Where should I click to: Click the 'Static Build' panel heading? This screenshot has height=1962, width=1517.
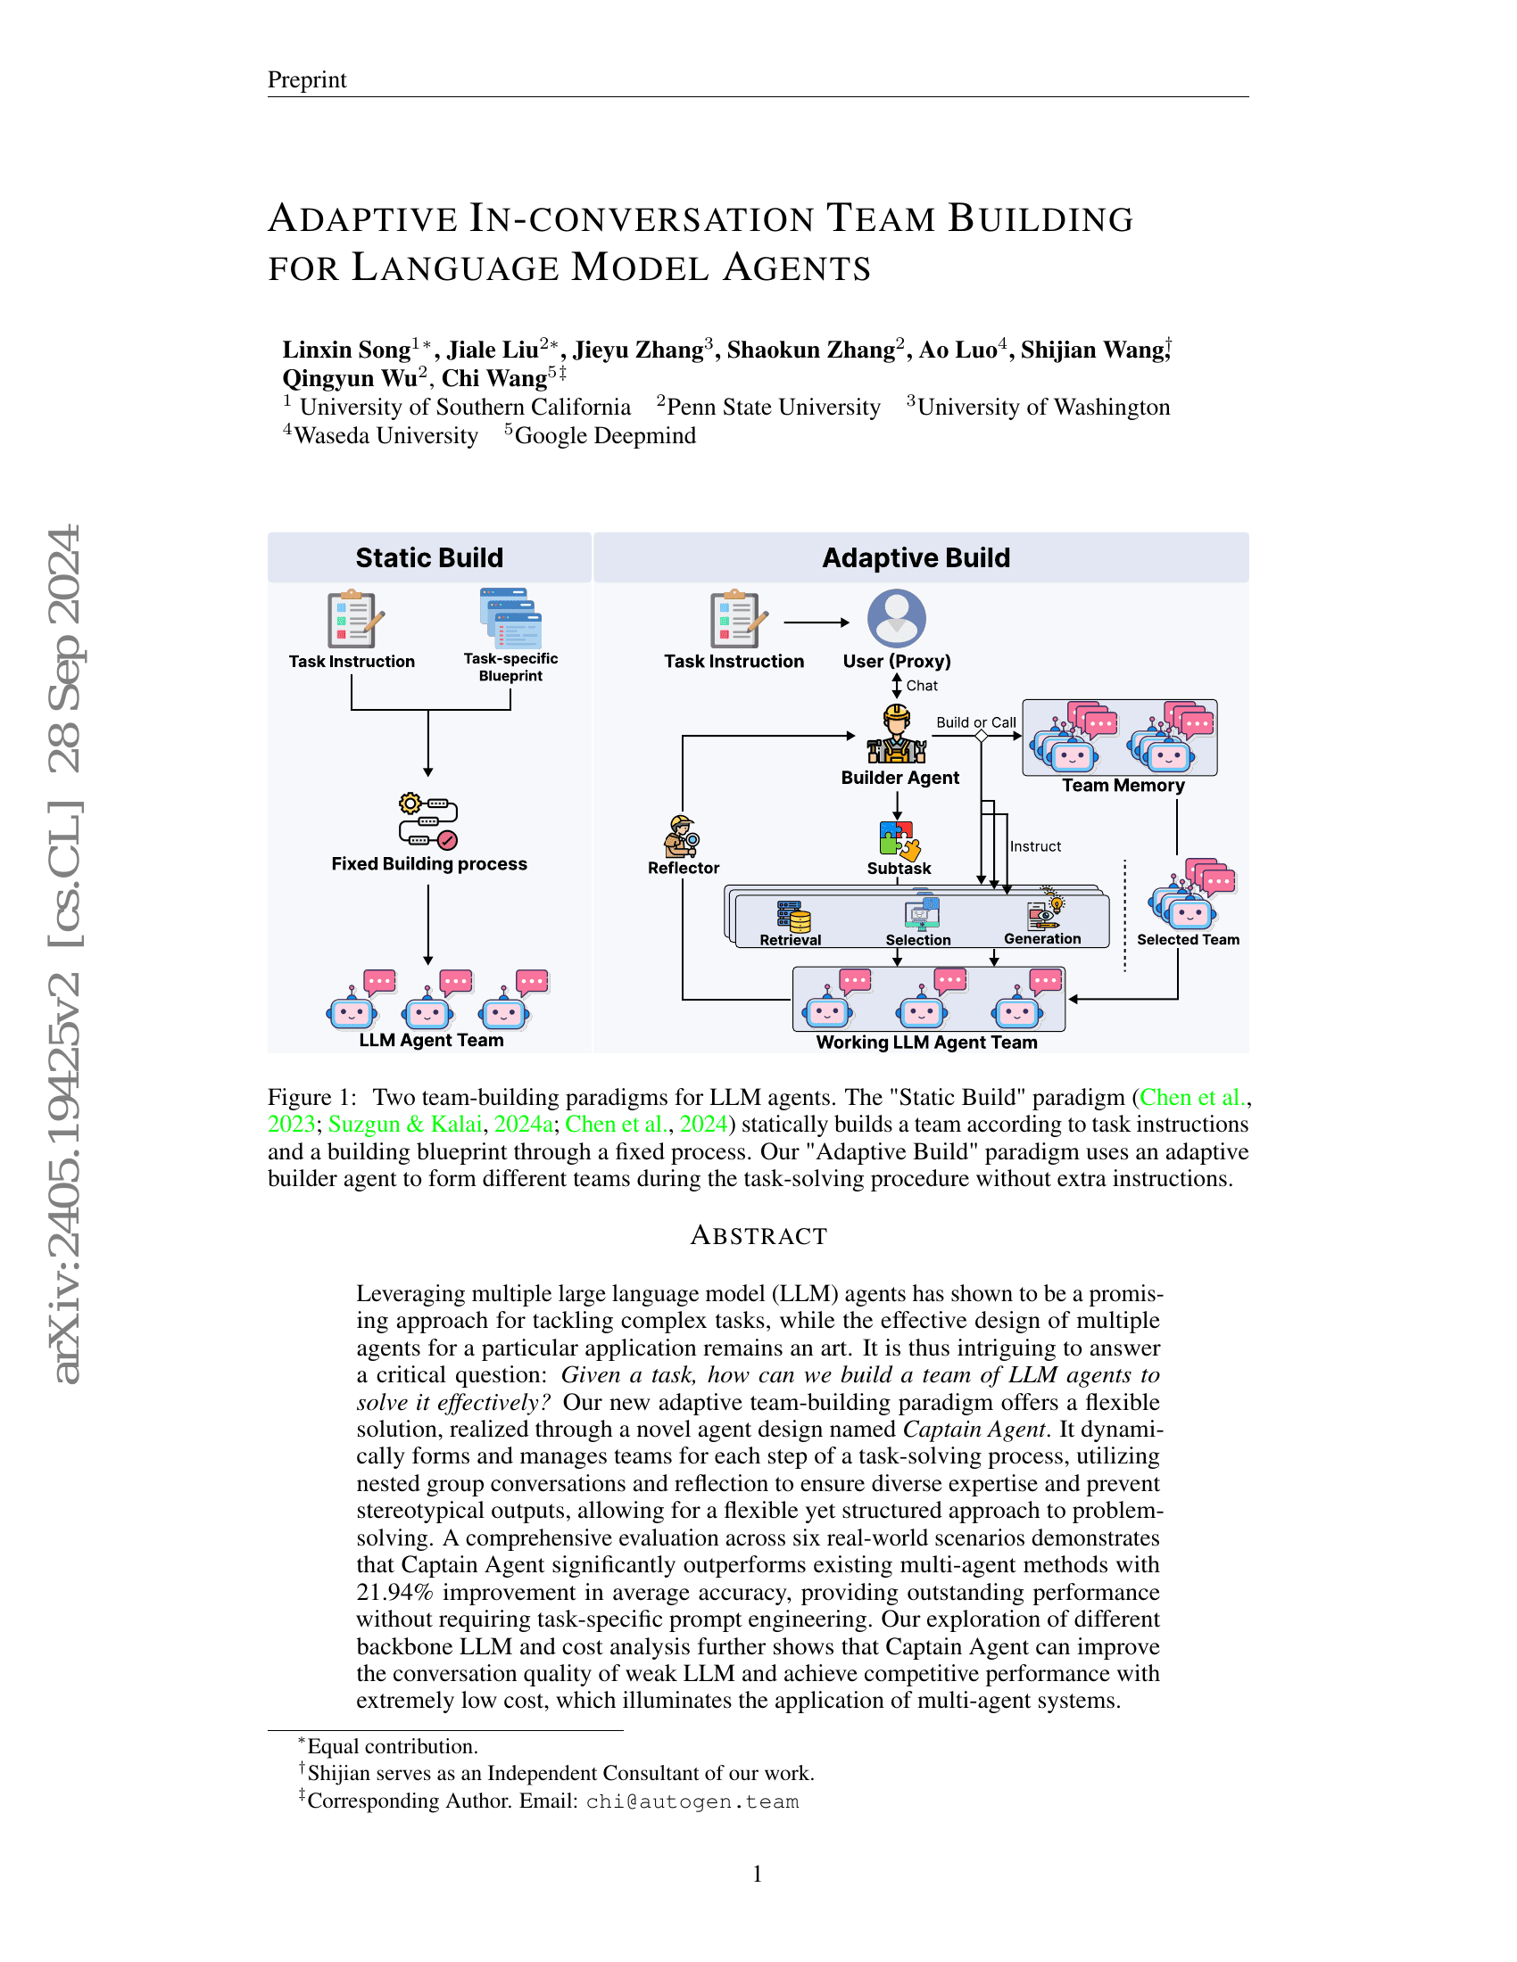pyautogui.click(x=428, y=558)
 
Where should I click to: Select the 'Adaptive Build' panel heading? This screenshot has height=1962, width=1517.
pyautogui.click(x=916, y=558)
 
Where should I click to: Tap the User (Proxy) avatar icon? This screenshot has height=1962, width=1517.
pyautogui.click(x=896, y=618)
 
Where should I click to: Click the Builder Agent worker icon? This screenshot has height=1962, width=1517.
pyautogui.click(x=897, y=734)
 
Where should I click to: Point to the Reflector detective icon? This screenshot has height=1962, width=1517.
pyautogui.click(x=682, y=837)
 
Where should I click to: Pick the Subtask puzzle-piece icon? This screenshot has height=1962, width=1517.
pyautogui.click(x=897, y=839)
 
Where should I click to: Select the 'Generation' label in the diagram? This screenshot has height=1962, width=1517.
pyautogui.click(x=1041, y=939)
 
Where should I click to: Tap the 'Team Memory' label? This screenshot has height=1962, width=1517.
pyautogui.click(x=1123, y=785)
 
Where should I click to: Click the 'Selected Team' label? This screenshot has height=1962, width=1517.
pyautogui.click(x=1187, y=940)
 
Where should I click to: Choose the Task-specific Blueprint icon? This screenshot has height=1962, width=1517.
pyautogui.click(x=510, y=618)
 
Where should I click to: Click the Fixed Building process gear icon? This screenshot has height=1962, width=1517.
pyautogui.click(x=428, y=820)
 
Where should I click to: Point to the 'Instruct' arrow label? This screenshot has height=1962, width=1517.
pyautogui.click(x=1035, y=846)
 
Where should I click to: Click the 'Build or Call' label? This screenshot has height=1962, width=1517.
pyautogui.click(x=976, y=722)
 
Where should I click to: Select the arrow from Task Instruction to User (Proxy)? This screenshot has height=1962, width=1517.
pyautogui.click(x=816, y=622)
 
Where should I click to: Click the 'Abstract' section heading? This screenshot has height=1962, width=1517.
pyautogui.click(x=758, y=1236)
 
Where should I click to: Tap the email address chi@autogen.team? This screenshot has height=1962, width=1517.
pyautogui.click(x=692, y=1801)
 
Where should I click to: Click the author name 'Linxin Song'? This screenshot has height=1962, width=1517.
pyautogui.click(x=346, y=350)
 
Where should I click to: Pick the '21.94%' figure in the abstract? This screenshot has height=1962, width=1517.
pyautogui.click(x=394, y=1593)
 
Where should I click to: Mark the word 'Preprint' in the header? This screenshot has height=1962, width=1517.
pyautogui.click(x=306, y=80)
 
